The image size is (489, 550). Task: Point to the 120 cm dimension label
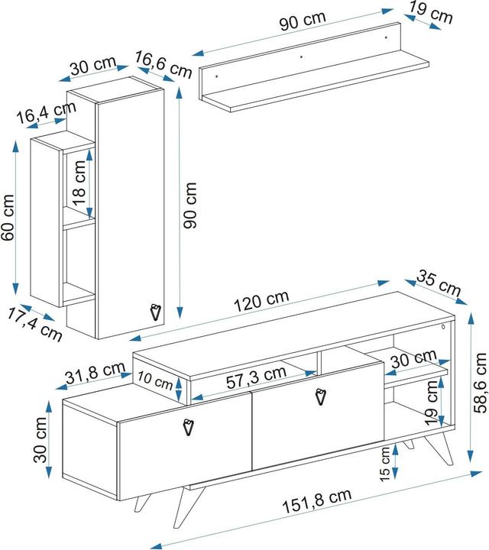pos(261,301)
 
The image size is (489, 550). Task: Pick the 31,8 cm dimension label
pos(95,373)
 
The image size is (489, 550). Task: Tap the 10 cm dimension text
pos(154,380)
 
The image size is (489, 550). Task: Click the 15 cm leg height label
pos(385,464)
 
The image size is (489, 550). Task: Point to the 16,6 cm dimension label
pos(164,64)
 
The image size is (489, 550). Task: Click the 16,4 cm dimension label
pos(47,112)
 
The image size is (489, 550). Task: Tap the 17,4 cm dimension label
pos(34,325)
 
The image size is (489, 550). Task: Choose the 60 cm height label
pos(8,218)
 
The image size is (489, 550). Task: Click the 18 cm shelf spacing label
pos(79,183)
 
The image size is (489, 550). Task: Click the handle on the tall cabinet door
pos(155,312)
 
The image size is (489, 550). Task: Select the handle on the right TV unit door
pos(320,397)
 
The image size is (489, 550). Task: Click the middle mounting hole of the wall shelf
pos(301,57)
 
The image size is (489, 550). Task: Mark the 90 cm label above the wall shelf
pos(303,21)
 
